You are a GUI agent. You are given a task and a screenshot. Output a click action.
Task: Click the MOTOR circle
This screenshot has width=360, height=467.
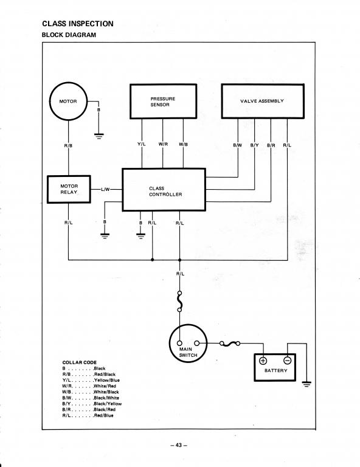[68, 83]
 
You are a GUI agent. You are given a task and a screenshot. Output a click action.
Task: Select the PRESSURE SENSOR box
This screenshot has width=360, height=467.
[163, 85]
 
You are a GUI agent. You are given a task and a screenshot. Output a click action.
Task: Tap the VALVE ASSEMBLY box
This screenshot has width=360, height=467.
[263, 85]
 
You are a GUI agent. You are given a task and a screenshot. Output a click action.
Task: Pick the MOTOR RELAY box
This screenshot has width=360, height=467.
[69, 176]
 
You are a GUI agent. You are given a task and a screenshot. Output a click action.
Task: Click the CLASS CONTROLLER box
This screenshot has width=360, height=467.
[164, 170]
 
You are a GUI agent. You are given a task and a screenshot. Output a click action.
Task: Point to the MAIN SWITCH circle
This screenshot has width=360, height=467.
[188, 325]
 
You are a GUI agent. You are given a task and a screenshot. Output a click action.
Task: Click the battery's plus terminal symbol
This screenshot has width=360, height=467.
[263, 361]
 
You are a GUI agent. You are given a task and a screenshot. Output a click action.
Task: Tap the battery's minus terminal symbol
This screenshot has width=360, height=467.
[288, 361]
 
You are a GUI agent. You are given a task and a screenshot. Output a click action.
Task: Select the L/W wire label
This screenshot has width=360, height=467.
[105, 189]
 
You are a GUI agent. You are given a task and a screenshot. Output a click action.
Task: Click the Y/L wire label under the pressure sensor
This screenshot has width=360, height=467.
[142, 144]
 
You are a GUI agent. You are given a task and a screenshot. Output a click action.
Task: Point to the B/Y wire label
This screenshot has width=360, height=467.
[255, 145]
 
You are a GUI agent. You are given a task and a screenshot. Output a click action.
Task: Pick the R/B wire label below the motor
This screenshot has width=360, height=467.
[68, 146]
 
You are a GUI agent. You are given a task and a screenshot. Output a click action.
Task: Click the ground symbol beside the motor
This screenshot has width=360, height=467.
[99, 136]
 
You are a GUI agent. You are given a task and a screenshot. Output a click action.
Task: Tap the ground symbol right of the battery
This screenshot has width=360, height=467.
[306, 384]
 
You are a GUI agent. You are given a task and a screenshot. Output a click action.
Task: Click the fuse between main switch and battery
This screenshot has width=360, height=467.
[230, 344]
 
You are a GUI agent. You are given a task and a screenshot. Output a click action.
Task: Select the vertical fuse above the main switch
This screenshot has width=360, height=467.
[179, 302]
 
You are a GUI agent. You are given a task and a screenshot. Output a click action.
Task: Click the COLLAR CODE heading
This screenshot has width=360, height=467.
[80, 362]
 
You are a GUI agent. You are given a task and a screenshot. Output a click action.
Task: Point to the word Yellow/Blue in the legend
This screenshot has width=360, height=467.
[106, 380]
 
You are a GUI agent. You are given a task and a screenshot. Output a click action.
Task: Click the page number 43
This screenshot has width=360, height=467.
[179, 445]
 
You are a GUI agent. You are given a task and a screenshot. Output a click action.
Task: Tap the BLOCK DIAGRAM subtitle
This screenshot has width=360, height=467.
[69, 35]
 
